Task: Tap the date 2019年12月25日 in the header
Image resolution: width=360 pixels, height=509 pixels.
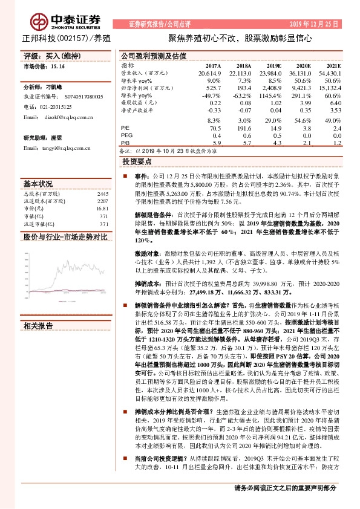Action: tap(322, 24)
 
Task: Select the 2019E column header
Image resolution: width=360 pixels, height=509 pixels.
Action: tap(273, 65)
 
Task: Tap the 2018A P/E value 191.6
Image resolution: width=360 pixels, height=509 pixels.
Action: tap(243, 128)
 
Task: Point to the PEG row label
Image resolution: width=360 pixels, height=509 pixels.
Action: tap(128, 136)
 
